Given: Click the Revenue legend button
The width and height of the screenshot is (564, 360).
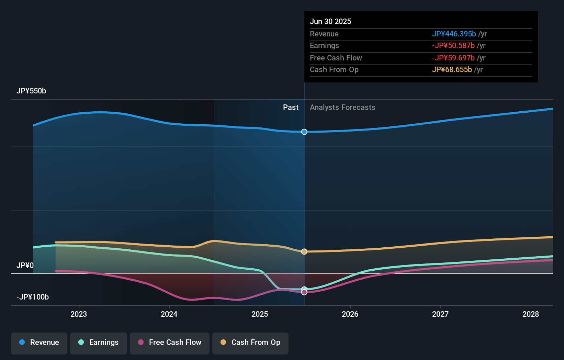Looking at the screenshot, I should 39,342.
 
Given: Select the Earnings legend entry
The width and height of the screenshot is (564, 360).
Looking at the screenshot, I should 99,342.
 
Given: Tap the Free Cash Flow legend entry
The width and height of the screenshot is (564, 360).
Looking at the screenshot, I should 170,342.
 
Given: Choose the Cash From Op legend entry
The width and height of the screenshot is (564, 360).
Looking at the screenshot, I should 250,342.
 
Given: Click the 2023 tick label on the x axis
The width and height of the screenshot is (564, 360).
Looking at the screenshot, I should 79,314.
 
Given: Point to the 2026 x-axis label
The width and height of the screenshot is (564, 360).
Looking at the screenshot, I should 350,314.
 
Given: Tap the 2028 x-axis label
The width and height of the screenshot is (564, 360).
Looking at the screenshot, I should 531,314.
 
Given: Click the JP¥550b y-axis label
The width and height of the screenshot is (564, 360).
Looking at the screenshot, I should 31,91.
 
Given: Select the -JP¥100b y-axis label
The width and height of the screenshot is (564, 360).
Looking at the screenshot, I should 33,297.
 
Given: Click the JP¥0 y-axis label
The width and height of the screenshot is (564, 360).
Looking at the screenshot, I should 25,266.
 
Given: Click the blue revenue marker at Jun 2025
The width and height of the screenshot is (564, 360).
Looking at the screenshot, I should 304,132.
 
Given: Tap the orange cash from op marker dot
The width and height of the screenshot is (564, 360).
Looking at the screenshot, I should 304,252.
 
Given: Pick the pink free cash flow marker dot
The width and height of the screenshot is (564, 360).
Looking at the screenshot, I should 304,292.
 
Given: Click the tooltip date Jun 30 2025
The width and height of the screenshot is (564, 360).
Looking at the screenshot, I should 330,21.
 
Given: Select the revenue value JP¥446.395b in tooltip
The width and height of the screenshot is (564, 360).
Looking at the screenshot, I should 454,34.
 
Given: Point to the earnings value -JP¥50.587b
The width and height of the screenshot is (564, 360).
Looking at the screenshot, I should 453,46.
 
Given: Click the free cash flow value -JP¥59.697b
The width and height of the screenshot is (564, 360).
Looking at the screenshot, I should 453,58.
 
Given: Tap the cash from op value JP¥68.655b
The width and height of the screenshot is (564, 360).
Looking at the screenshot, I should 452,70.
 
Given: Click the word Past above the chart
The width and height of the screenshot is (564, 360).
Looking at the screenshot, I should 291,108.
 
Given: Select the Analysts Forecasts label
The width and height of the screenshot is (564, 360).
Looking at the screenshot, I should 342,108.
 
